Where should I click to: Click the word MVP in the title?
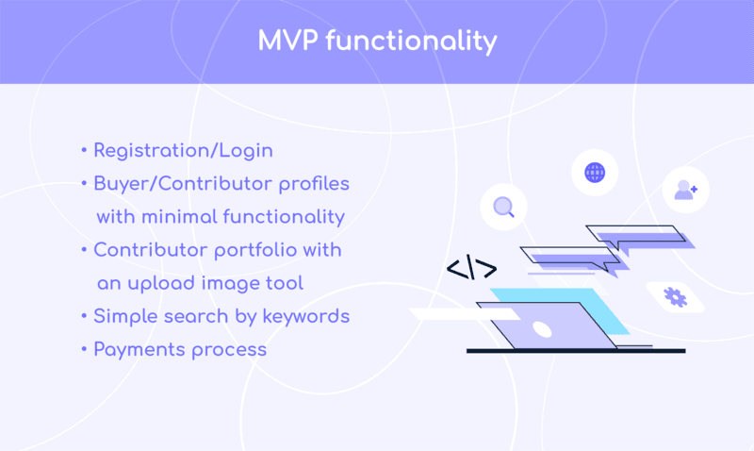[x=288, y=40]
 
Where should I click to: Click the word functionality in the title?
[x=411, y=42]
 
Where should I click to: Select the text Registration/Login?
[x=183, y=151]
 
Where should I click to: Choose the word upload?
[x=161, y=283]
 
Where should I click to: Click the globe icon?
[x=595, y=173]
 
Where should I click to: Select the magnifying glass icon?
[x=503, y=207]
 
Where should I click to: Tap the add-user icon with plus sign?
[x=685, y=190]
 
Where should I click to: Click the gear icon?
[x=675, y=297]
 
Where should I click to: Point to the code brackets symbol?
[x=471, y=268]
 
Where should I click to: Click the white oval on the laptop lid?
[x=542, y=329]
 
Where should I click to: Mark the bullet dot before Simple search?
[x=84, y=316]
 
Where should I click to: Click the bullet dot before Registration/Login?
[x=84, y=151]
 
